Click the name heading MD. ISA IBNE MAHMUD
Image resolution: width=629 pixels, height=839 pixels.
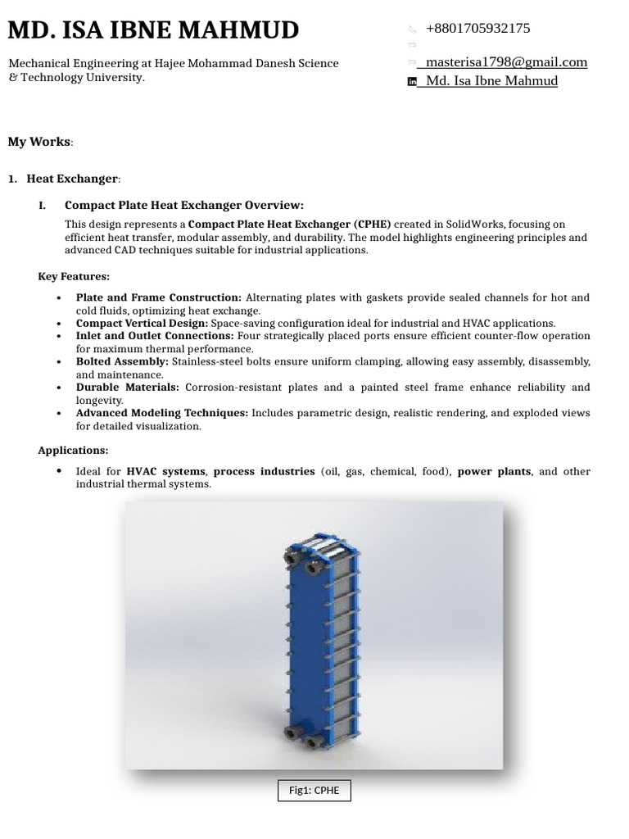point(153,30)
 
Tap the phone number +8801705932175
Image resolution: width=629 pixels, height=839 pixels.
point(477,29)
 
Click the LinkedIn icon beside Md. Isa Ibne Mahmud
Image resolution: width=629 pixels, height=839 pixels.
point(412,81)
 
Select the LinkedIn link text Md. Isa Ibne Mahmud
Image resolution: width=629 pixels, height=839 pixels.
point(491,81)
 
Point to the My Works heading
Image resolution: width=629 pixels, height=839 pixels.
point(39,142)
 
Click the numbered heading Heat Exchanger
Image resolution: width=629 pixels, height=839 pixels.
point(72,179)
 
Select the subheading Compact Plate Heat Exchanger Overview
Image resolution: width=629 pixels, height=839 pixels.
point(183,206)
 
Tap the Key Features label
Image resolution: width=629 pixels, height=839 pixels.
point(74,277)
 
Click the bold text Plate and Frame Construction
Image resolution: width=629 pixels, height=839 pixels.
point(158,298)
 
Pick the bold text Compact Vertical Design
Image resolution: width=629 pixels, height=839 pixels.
point(142,324)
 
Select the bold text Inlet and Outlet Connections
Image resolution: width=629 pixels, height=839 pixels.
point(155,336)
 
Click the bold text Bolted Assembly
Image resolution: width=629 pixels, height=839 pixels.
point(122,362)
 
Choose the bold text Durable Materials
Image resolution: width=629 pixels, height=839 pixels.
point(127,388)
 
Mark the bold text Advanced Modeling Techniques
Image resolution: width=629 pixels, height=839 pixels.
point(161,413)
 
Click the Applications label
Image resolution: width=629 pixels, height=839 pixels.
point(73,451)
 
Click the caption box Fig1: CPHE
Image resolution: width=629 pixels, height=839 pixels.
point(314,791)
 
